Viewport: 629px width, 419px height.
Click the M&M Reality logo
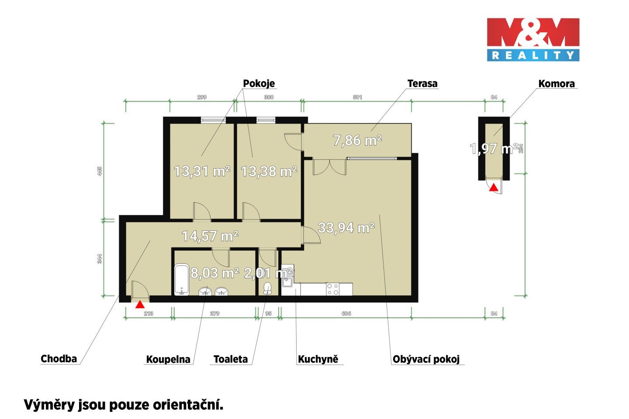point(533,39)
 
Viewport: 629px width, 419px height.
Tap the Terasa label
point(422,83)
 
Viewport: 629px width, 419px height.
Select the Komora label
point(556,83)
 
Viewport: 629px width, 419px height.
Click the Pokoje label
point(259,83)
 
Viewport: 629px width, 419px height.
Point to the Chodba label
point(59,359)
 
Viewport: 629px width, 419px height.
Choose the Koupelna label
point(168,359)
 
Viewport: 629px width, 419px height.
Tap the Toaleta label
point(230,359)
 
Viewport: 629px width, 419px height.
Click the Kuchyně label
point(318,359)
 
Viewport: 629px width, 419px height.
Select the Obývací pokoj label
point(426,359)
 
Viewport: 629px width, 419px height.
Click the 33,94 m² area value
point(346,227)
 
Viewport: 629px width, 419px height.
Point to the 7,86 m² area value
point(357,140)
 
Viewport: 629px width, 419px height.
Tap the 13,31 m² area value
point(202,171)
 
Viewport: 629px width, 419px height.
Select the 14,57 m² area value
point(210,236)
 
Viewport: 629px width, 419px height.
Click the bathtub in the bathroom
point(181,280)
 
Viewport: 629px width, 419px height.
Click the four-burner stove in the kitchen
point(333,288)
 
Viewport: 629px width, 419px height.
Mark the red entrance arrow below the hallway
point(140,304)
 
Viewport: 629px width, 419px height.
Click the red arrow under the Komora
point(493,188)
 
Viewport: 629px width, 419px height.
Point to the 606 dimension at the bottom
point(346,313)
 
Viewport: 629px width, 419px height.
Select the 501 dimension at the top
point(357,97)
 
